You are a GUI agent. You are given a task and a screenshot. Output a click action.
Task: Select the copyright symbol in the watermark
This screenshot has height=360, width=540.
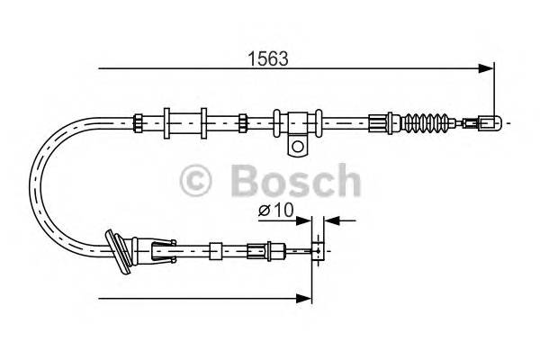(x=199, y=181)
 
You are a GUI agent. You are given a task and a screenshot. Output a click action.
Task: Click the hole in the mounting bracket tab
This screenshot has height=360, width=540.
(x=295, y=144)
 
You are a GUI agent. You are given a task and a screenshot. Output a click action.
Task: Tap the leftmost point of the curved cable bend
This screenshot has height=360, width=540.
(x=34, y=188)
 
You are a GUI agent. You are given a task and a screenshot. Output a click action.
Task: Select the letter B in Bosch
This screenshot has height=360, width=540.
(x=245, y=181)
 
